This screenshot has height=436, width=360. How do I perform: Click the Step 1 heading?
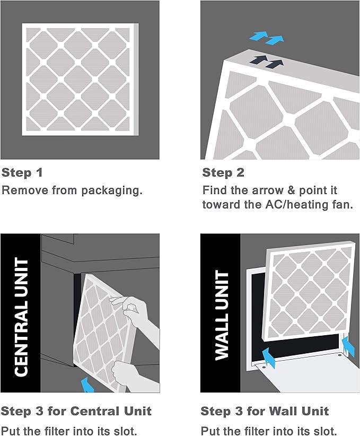point(22,173)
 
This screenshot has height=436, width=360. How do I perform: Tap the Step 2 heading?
point(223,173)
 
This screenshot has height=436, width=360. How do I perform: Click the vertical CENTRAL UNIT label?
point(21,317)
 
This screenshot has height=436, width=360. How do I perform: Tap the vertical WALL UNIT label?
point(221,315)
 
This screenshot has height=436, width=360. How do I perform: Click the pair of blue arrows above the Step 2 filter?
point(266,37)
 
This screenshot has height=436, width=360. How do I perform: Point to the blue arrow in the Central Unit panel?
point(86,384)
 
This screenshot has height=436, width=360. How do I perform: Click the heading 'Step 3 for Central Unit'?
point(76,411)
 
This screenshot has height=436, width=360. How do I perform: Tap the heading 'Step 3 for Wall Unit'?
point(265,411)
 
